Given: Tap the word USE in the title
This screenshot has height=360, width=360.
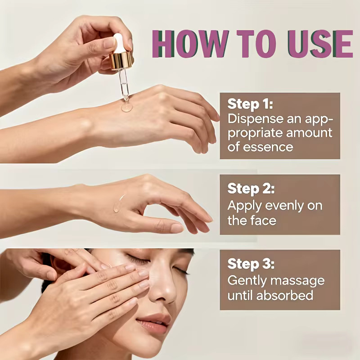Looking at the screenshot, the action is pyautogui.click(x=320, y=44).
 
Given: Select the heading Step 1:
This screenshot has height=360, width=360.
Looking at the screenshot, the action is pyautogui.click(x=250, y=104).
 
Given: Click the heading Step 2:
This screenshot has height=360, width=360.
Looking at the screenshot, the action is pyautogui.click(x=251, y=189).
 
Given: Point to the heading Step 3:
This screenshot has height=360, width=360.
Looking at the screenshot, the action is pyautogui.click(x=251, y=264).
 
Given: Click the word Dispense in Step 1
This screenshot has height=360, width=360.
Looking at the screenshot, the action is pyautogui.click(x=255, y=119).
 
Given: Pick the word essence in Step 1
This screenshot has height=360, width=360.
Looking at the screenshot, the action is pyautogui.click(x=268, y=147).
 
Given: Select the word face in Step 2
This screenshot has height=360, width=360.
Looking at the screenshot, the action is pyautogui.click(x=263, y=220).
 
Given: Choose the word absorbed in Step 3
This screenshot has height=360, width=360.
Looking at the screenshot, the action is pyautogui.click(x=285, y=295).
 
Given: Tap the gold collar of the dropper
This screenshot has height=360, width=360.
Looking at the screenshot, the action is pyautogui.click(x=121, y=61).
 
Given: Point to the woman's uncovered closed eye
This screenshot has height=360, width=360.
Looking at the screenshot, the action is pyautogui.click(x=180, y=270).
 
